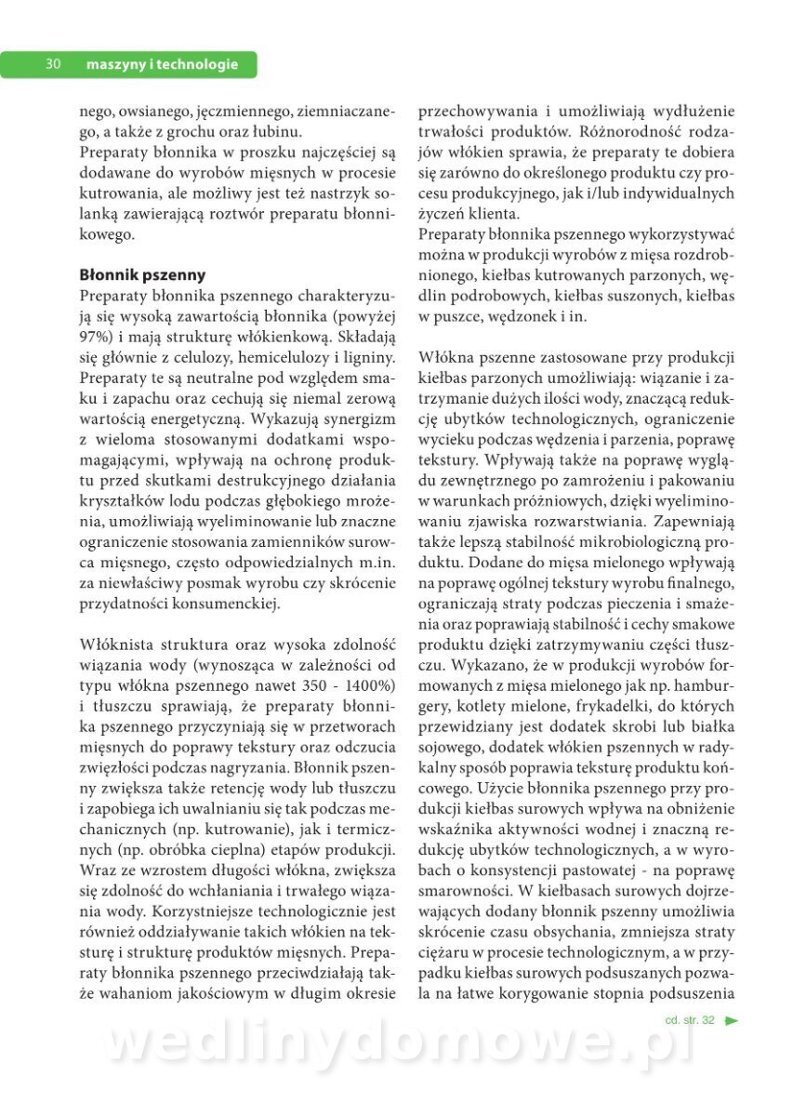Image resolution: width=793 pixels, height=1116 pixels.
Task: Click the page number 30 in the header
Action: click(53, 64)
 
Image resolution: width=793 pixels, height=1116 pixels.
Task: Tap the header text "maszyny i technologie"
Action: click(162, 64)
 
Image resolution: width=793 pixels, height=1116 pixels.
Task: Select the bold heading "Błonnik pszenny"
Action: click(142, 275)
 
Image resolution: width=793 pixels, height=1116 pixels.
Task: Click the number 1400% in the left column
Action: click(370, 685)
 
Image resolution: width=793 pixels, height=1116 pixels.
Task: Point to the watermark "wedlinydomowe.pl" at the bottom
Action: click(400, 1043)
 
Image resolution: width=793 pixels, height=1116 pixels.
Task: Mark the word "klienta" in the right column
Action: click(497, 213)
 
